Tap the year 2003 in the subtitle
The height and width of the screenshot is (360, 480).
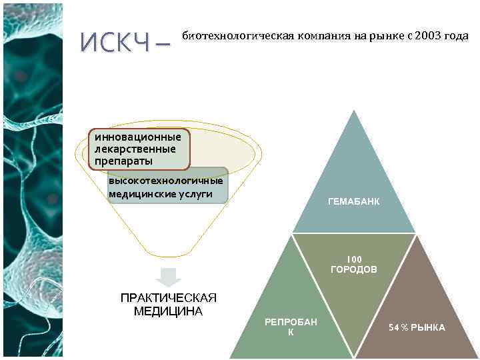pos(427,35)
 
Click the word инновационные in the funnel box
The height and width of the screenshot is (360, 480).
pos(137,137)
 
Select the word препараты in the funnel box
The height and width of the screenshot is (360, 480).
pos(123,161)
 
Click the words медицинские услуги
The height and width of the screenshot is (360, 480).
pos(160,194)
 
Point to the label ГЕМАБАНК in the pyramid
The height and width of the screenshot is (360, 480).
pos(354,201)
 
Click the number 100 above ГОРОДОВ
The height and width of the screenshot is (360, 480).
pos(354,259)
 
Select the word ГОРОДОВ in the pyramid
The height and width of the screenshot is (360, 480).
pos(354,269)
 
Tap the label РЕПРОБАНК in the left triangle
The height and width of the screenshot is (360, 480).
pos(291,327)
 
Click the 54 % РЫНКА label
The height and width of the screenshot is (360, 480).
pos(417,327)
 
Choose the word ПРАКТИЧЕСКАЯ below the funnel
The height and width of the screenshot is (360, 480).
pos(168,297)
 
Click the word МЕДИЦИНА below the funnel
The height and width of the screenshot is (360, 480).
pos(168,311)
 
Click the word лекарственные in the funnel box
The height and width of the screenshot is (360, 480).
pos(135,149)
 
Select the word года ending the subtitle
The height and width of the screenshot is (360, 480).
pos(456,35)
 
